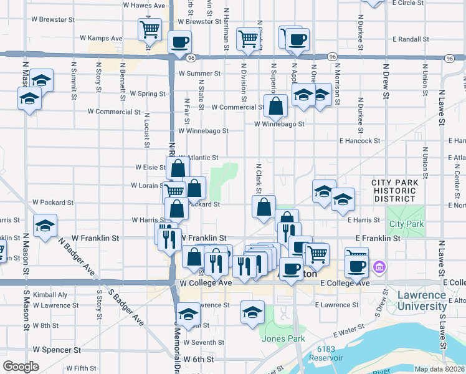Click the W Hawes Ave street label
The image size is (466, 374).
(144, 5)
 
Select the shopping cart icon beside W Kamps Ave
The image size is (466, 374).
(150, 29)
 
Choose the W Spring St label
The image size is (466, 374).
(147, 93)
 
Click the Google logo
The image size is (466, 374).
(21, 366)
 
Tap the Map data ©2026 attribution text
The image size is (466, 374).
(440, 369)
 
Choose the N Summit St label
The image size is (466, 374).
(74, 80)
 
